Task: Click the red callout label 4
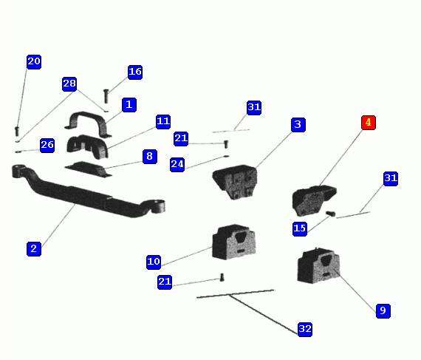(x=369, y=123)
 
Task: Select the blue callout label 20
(x=34, y=62)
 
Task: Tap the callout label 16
(x=134, y=72)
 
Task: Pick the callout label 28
(x=69, y=84)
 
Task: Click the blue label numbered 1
(x=129, y=105)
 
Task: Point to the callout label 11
(x=163, y=122)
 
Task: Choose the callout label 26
(x=47, y=146)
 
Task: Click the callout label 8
(x=149, y=157)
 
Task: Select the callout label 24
(x=177, y=164)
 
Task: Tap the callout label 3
(x=298, y=125)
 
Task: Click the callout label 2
(x=34, y=249)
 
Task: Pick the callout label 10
(x=154, y=262)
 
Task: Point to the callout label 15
(x=300, y=229)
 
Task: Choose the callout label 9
(x=383, y=311)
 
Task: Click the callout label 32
(x=305, y=330)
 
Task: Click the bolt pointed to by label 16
(x=106, y=96)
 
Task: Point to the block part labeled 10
(x=233, y=242)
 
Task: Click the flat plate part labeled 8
(x=89, y=169)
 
